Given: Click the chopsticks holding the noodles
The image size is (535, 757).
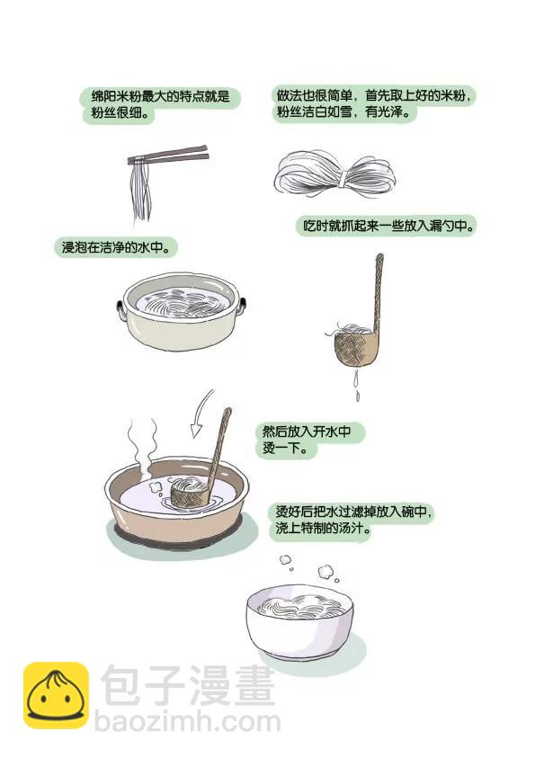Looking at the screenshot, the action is pyautogui.click(x=168, y=156).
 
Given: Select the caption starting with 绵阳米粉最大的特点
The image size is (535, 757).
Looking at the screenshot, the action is pyautogui.click(x=160, y=104).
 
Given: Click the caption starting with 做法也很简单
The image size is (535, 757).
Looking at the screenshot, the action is pyautogui.click(x=374, y=103).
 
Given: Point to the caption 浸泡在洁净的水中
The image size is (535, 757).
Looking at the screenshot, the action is pyautogui.click(x=116, y=247).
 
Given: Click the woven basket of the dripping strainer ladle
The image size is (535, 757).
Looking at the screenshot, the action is pyautogui.click(x=356, y=346).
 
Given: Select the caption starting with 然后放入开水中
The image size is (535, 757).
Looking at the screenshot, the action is pyautogui.click(x=309, y=440).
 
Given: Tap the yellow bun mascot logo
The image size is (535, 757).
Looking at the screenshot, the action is pyautogui.click(x=56, y=695).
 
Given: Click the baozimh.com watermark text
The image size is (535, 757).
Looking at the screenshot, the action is pyautogui.click(x=188, y=722).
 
